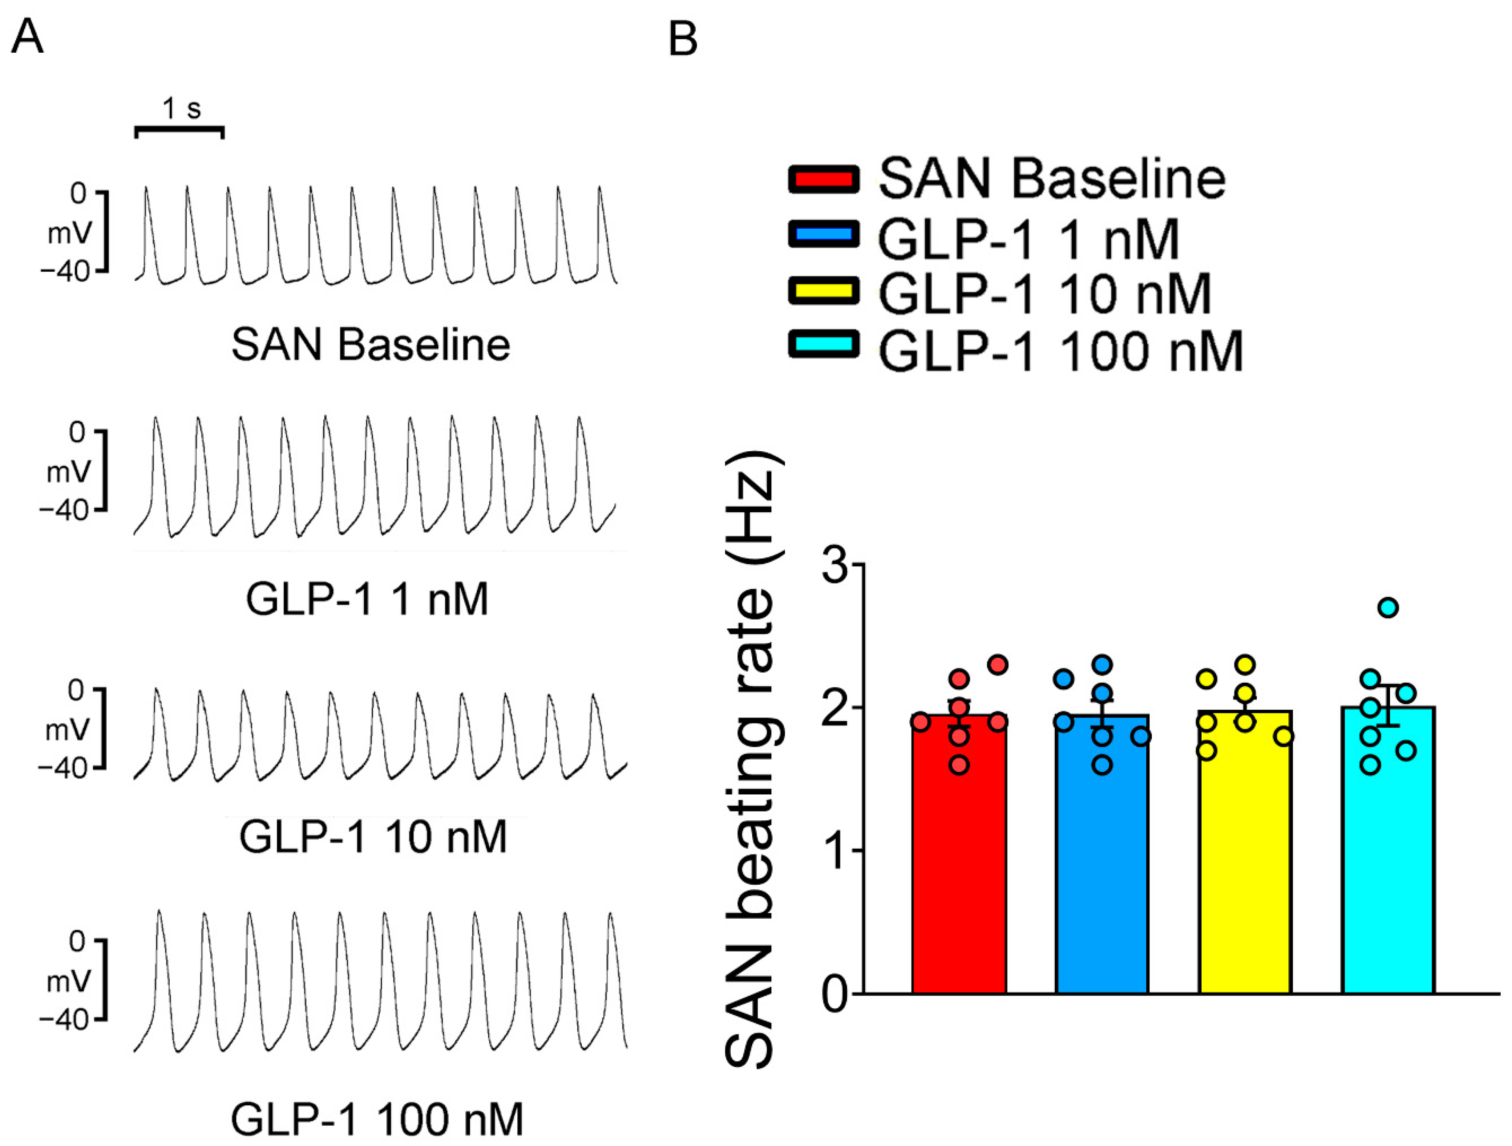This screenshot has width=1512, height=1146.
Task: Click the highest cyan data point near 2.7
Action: click(1388, 607)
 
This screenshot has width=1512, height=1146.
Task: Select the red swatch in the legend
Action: click(824, 179)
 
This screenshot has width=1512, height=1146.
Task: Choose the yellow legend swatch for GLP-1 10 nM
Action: click(824, 291)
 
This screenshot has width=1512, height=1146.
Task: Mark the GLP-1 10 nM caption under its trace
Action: click(373, 837)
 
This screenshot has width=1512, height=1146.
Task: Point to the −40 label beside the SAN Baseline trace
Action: click(65, 273)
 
